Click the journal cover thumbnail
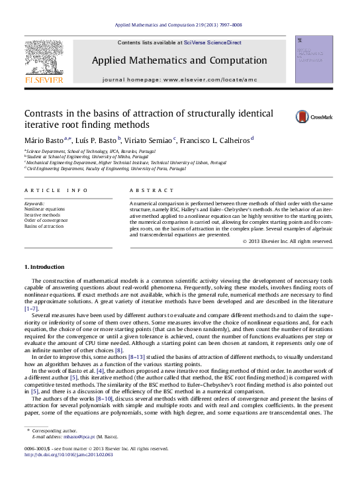(314, 60)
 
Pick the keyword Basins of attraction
(44, 226)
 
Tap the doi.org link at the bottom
(68, 455)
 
